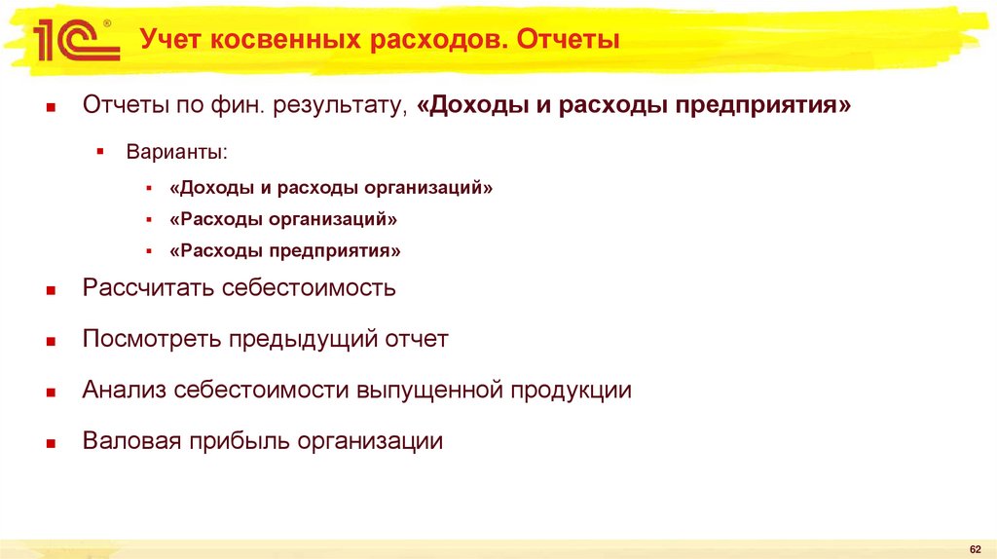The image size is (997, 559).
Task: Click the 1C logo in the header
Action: pos(73,42)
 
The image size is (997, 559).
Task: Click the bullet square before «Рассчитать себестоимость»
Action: pos(50,290)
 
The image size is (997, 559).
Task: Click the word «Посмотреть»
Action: pos(153,340)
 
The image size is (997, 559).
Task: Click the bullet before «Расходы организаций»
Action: pos(148,220)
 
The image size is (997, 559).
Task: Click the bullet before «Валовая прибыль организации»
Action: pos(50,443)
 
